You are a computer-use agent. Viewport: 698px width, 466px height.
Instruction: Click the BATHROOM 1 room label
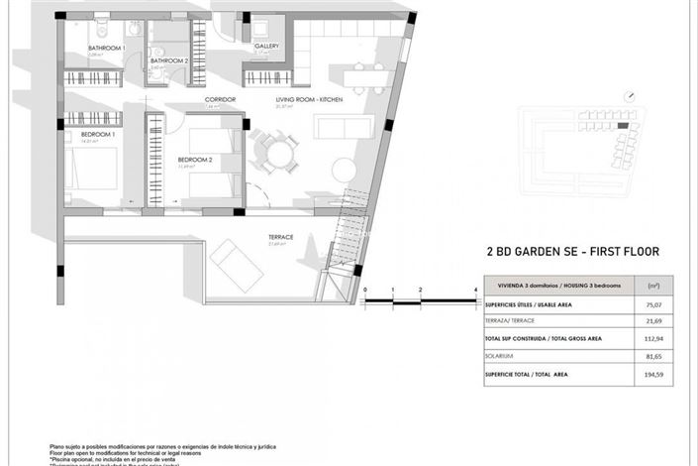click(106, 49)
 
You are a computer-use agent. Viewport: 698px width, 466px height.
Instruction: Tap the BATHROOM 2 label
click(169, 60)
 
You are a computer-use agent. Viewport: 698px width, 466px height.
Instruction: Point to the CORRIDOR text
click(219, 100)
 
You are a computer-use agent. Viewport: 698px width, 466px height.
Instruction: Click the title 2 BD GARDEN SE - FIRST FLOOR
click(572, 252)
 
